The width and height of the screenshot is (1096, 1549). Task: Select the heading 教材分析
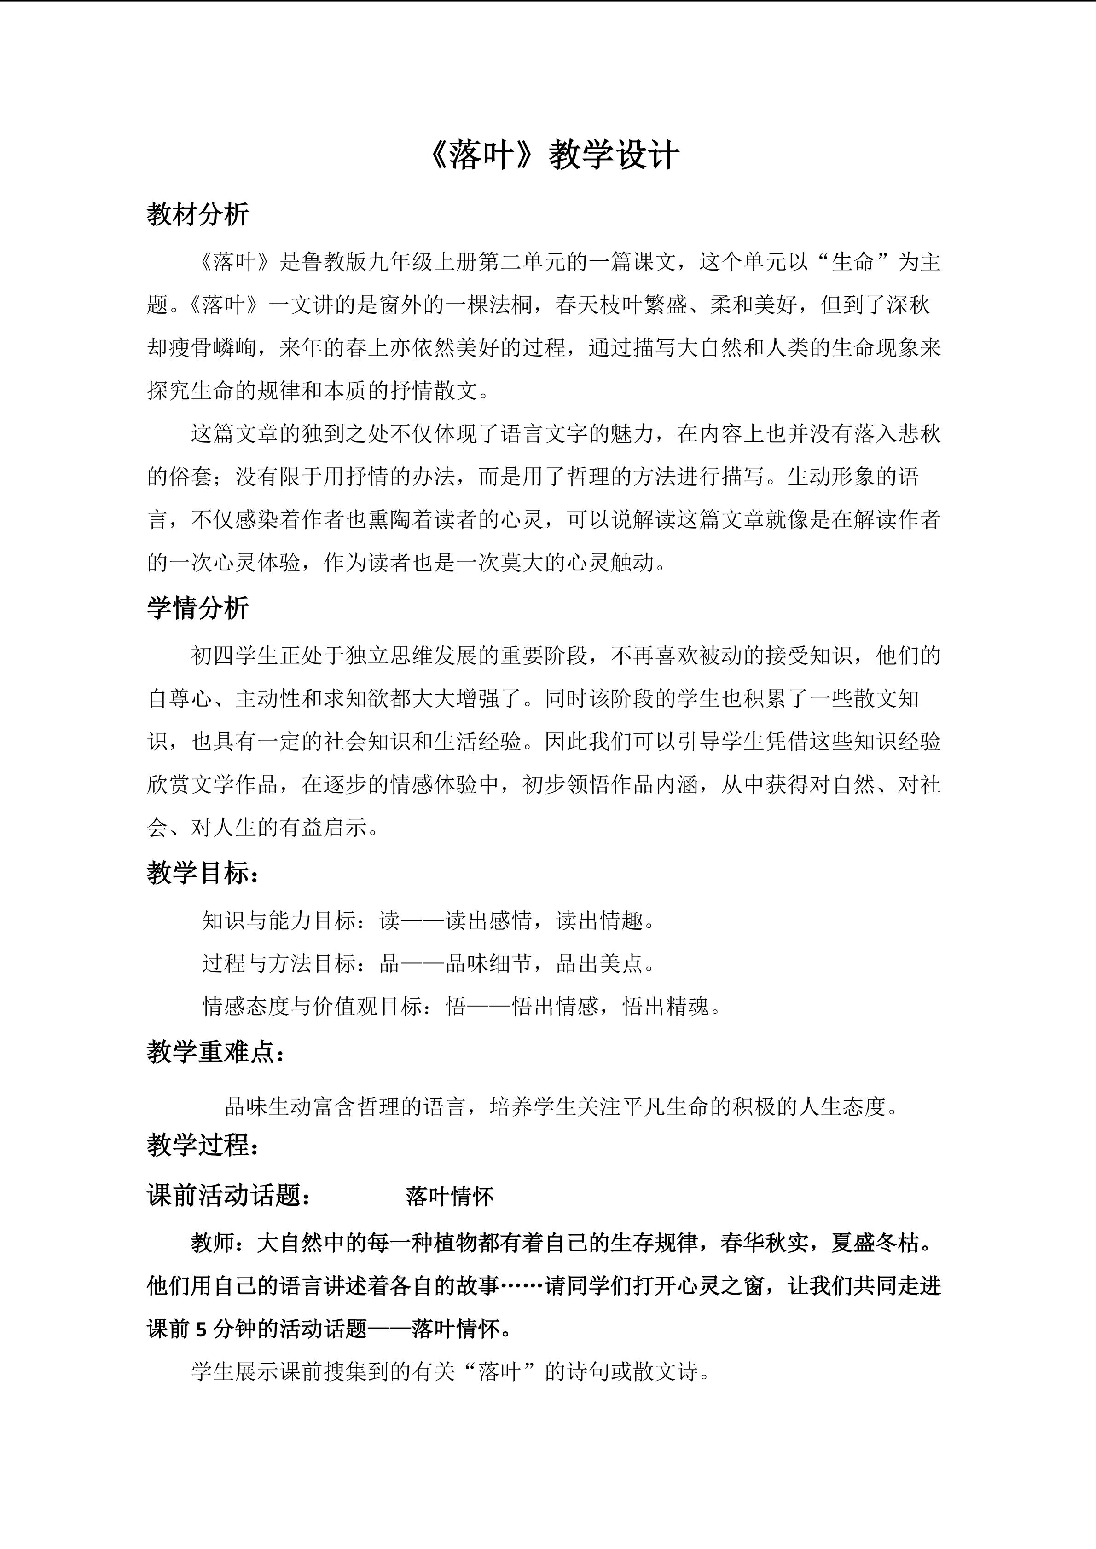coord(198,214)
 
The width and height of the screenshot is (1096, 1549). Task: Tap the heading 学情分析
coord(198,608)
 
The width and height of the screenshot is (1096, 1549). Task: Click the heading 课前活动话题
coord(229,1196)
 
